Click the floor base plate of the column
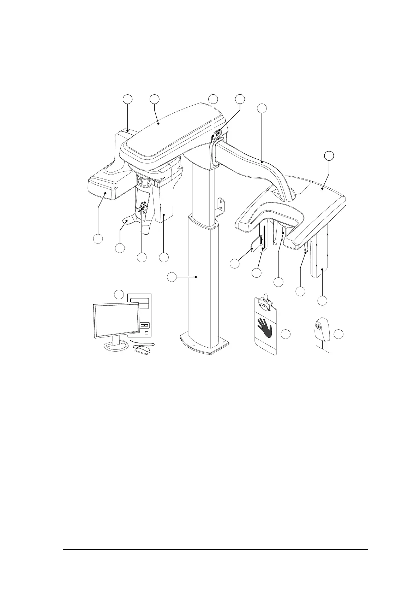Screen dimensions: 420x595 point(204,345)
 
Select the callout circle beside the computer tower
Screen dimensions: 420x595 point(119,294)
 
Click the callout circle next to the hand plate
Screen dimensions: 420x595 point(286,334)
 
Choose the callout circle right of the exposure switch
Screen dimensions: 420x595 point(339,334)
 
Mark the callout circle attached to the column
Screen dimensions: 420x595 point(172,277)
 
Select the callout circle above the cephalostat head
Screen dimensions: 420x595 point(329,155)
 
